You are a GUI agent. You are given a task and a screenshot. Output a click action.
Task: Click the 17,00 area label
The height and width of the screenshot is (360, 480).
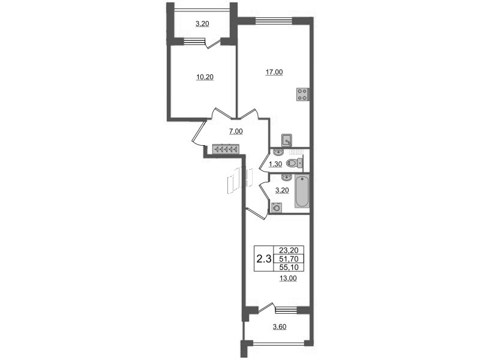tap(274, 72)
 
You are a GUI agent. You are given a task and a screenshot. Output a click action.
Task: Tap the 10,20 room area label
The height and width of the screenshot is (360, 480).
tap(205, 77)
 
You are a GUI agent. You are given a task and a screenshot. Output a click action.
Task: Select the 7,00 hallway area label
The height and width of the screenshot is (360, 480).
tap(236, 131)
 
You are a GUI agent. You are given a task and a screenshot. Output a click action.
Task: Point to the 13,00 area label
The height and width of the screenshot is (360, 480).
tap(288, 278)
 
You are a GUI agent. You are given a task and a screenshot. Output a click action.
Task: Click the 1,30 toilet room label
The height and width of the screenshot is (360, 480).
tap(275, 164)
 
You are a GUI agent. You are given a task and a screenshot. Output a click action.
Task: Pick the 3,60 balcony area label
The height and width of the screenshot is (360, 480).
tap(280, 327)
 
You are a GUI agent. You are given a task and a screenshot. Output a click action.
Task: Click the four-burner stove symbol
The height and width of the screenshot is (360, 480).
tap(302, 94)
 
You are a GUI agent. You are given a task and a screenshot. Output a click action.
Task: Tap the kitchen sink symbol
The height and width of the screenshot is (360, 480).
tap(287, 140)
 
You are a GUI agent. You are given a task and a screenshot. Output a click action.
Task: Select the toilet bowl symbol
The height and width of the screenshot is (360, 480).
tap(294, 163)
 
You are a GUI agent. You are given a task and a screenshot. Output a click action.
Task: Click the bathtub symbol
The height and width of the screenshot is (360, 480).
tap(302, 191)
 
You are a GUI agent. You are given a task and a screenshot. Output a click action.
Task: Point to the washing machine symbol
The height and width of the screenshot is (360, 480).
tap(277, 208)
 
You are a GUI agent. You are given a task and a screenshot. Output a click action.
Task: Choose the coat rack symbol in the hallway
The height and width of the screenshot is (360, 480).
tap(226, 149)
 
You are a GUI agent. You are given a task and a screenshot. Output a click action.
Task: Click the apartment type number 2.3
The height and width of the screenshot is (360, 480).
tap(264, 259)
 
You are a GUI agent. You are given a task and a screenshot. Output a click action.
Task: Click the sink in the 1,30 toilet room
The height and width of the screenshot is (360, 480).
tap(278, 152)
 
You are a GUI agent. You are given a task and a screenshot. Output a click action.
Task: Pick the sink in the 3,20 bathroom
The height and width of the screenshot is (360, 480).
tap(286, 178)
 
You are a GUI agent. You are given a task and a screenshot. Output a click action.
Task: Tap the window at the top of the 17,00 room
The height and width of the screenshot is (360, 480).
tap(274, 20)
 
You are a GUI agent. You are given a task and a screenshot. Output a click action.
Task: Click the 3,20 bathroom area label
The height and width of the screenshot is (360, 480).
tap(282, 190)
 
